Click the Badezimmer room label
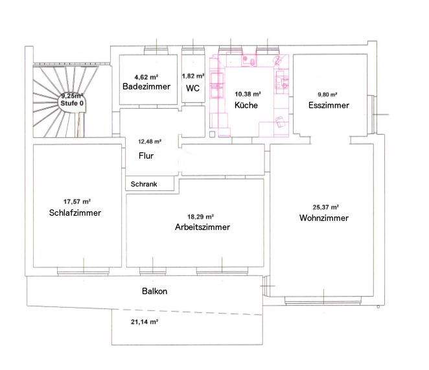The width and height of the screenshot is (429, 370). point(146,86)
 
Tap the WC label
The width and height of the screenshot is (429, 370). point(192,88)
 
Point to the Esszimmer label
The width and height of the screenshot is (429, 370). point(329,105)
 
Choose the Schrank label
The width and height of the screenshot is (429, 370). point(143,184)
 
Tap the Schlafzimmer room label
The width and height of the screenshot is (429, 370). point(75,213)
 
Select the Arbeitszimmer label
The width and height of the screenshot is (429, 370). point(202,227)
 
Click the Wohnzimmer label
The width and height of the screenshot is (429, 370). point(324,218)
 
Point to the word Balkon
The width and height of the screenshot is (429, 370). point(154,292)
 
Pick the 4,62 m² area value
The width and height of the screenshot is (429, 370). point(146,76)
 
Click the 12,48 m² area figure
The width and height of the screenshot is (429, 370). point(150,141)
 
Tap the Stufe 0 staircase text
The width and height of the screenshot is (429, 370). point(72,103)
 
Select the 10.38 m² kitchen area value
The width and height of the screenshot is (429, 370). point(248,93)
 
